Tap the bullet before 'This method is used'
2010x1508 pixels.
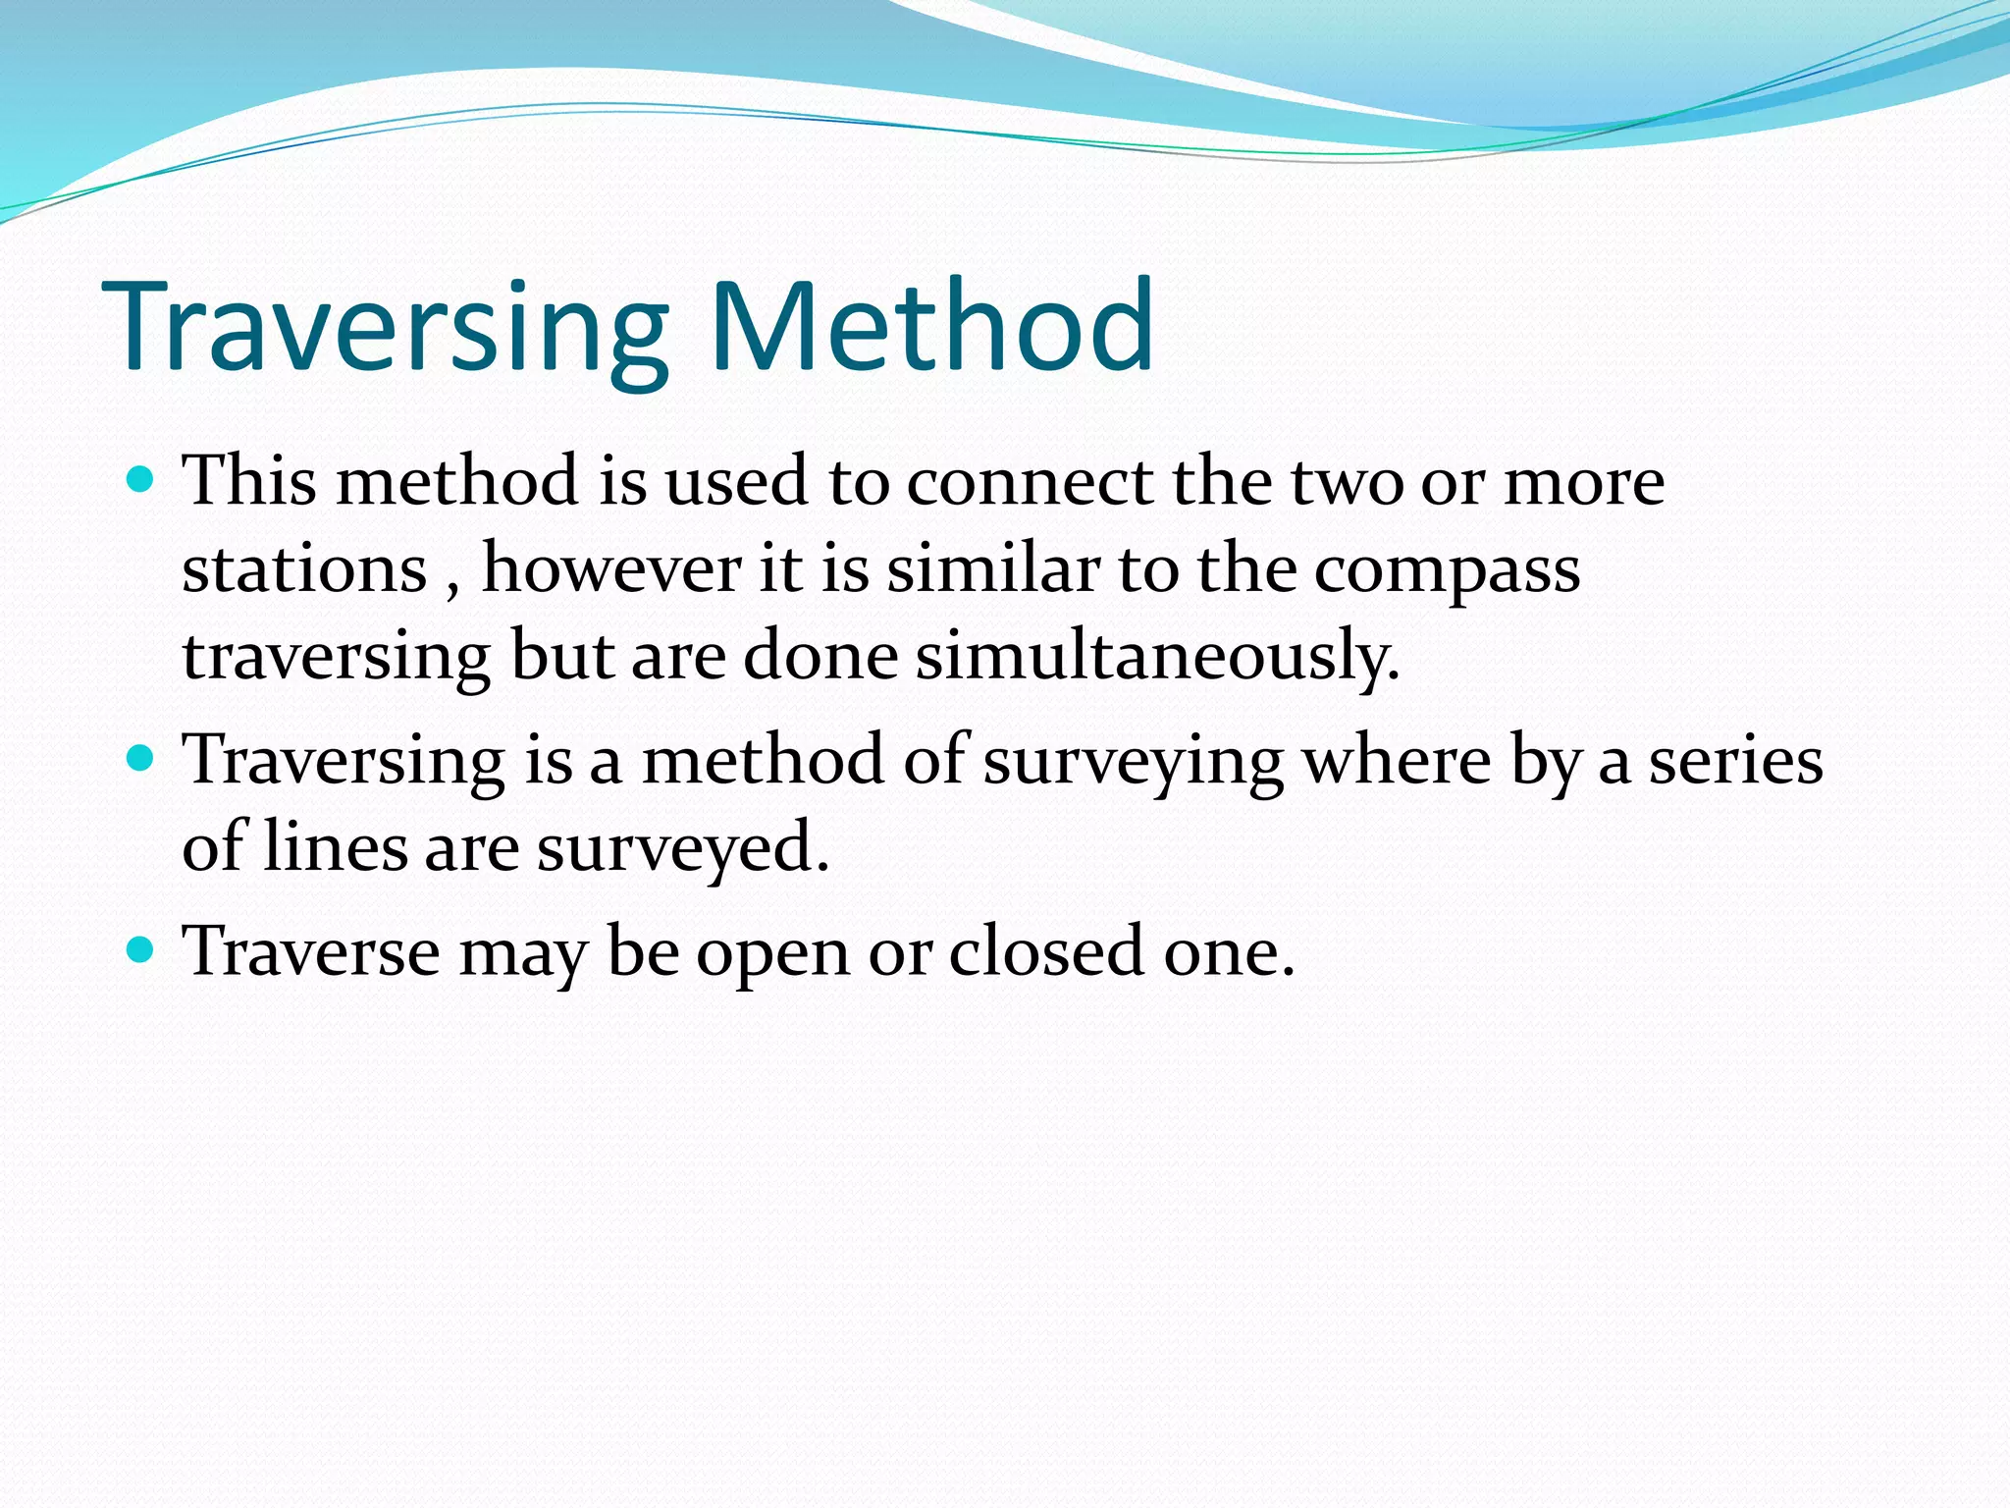click(141, 480)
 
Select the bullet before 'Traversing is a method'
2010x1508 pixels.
click(141, 759)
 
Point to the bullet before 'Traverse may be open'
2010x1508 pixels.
click(141, 949)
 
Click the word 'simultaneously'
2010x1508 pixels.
click(1157, 658)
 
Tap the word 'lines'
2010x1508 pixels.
click(335, 847)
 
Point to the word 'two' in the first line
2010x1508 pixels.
click(1346, 483)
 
